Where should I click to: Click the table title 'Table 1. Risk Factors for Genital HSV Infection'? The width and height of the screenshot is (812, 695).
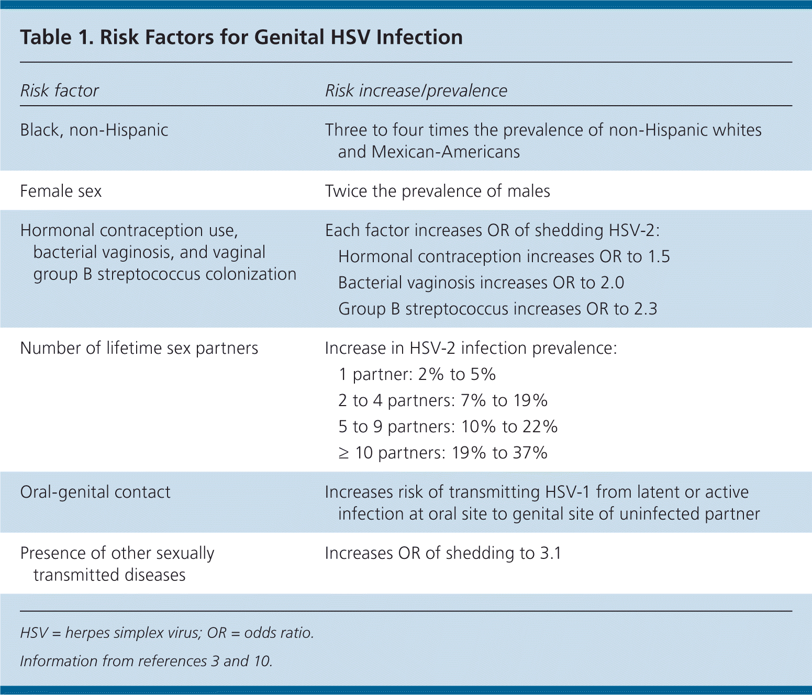point(241,38)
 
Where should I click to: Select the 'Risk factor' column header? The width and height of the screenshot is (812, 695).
point(59,91)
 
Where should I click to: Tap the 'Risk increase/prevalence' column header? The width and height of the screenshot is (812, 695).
point(416,91)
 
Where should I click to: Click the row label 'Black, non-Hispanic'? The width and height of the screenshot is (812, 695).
point(94,130)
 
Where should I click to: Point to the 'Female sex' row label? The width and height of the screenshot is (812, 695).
point(61,191)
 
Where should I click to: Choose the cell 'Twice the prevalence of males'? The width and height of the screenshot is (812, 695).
point(437,191)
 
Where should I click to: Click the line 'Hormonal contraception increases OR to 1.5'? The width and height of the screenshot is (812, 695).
point(504,256)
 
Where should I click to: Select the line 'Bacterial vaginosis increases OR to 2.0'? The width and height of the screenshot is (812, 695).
point(481,283)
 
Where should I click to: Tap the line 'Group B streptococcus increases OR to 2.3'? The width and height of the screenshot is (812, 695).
point(497,309)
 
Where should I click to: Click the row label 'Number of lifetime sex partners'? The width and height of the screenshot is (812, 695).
point(139,348)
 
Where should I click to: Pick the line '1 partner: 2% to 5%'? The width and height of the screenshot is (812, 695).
point(417,374)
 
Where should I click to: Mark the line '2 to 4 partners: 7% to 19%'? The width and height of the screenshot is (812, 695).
point(442,400)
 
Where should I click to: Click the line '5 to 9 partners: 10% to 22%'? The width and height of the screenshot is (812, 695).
point(448,427)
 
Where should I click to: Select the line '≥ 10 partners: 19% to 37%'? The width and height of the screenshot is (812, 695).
point(442,453)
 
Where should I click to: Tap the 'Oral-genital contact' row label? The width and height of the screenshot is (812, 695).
point(95,492)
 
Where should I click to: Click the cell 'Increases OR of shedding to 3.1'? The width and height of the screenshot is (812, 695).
point(443,553)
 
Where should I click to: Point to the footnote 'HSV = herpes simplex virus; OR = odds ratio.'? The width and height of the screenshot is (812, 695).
point(167,633)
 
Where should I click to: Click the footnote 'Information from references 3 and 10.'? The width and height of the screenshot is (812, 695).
point(146,661)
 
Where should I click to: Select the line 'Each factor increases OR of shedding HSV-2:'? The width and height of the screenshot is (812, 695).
point(492,230)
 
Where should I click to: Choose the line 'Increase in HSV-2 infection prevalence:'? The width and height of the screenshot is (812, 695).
point(471,348)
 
